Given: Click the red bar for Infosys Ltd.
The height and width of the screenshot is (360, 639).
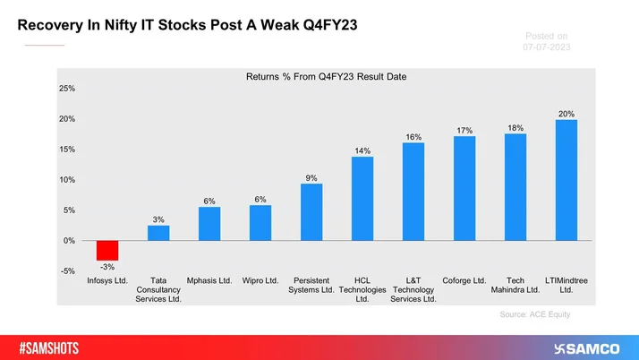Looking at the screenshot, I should (x=107, y=251).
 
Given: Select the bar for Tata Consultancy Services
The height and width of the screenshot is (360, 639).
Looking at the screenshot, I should (x=158, y=233).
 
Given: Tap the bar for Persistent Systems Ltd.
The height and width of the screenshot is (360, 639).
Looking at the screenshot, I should (x=311, y=212).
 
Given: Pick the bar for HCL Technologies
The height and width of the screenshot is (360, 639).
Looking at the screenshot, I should (x=362, y=199).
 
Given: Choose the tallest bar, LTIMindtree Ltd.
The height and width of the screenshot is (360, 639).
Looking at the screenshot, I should (x=566, y=180).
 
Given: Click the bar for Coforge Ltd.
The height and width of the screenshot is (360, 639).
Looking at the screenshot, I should (x=464, y=189).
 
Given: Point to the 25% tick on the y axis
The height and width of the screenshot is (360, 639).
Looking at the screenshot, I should (x=67, y=89).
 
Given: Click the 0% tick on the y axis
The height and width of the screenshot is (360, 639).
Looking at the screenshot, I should (x=69, y=241).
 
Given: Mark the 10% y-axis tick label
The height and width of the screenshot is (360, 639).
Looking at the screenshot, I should (x=67, y=180).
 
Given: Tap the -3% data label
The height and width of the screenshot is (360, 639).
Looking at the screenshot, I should (x=107, y=268).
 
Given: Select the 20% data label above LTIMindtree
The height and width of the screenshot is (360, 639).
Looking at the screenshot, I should (x=566, y=114).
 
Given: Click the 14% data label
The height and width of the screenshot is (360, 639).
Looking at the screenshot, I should (x=362, y=151).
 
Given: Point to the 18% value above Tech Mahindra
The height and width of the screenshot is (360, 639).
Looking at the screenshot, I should (x=515, y=128).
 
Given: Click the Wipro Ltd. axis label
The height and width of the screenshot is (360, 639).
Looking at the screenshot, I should (x=260, y=280).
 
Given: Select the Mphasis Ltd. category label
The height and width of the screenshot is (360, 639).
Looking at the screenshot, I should (x=209, y=280).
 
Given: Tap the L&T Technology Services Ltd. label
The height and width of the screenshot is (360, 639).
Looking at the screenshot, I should (x=413, y=289).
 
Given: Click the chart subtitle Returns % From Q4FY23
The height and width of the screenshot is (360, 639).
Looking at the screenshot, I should (x=326, y=78).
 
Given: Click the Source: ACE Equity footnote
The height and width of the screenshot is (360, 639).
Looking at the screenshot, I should (x=535, y=315).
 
